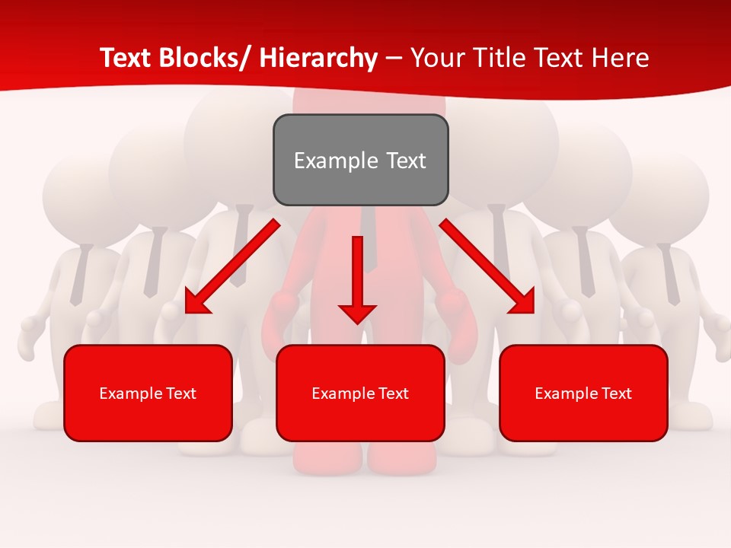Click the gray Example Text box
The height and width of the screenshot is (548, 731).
(x=360, y=160)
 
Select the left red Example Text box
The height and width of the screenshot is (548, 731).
(x=148, y=393)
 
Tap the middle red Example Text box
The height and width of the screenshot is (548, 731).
(x=360, y=393)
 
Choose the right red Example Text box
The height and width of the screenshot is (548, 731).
(x=583, y=393)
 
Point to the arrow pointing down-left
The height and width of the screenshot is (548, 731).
(x=232, y=266)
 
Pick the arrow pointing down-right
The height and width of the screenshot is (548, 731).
(x=487, y=266)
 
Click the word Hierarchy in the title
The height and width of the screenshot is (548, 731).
(x=318, y=58)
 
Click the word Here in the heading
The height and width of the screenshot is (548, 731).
(x=621, y=58)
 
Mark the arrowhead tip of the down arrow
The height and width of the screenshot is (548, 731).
(x=357, y=323)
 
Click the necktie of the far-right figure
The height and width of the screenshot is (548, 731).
(x=670, y=274)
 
